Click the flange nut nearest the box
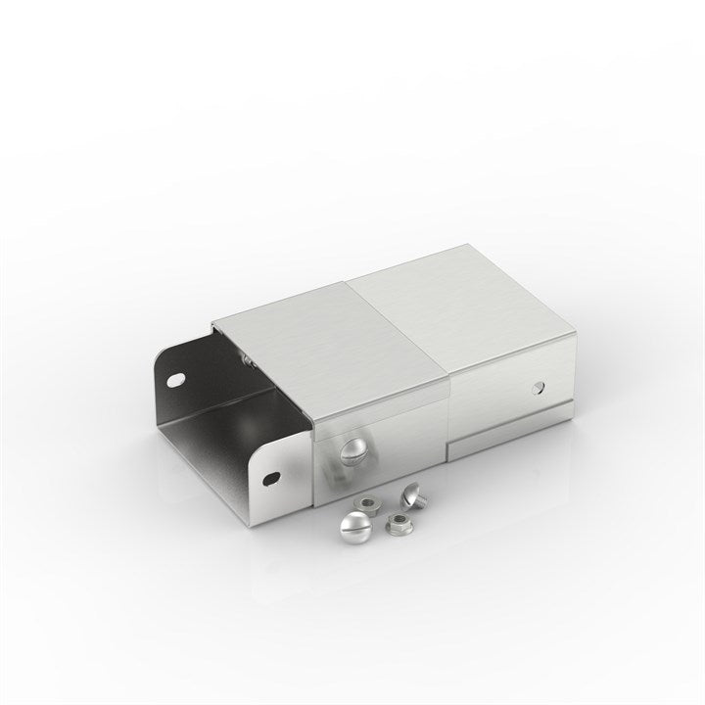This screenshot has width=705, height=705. pos(363,505)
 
